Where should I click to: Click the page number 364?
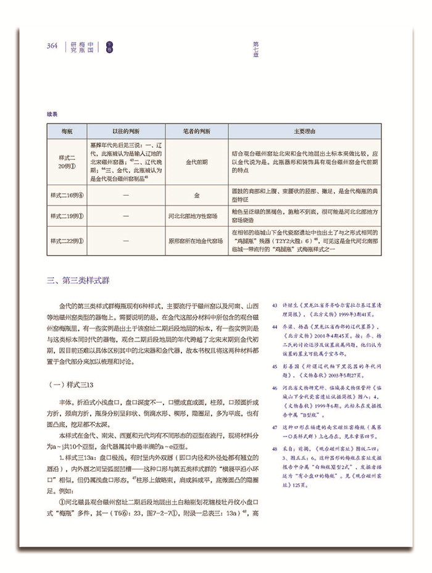52,46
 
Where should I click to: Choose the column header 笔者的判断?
196,131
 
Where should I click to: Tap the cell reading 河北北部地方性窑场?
196,216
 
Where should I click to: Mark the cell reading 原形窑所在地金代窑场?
196,240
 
